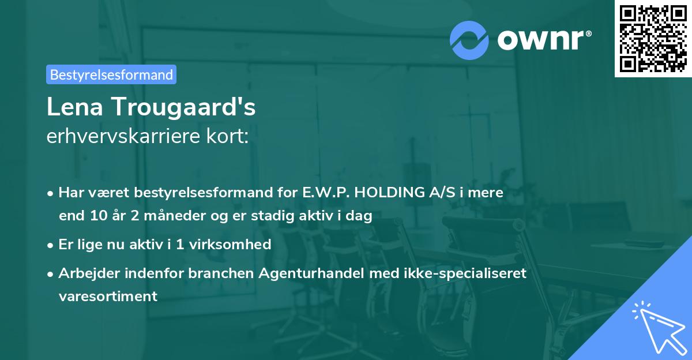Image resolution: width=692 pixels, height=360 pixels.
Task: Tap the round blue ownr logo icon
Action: (x=469, y=40)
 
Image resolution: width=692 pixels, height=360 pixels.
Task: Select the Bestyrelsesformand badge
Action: (x=111, y=74)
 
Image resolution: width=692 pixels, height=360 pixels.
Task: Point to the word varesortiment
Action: (x=108, y=297)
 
